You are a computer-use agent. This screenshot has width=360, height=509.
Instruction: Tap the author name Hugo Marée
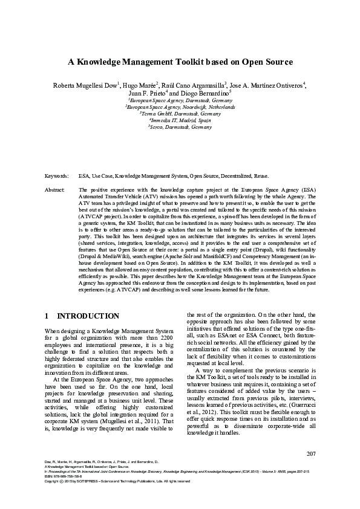tap(140, 85)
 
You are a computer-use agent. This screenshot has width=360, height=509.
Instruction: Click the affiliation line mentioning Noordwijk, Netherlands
tap(180, 106)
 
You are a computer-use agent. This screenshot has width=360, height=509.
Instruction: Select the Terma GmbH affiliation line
tap(180, 113)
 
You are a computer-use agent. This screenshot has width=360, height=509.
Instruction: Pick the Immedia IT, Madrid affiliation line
tap(180, 120)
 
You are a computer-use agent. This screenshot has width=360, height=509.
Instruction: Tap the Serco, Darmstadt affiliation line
tap(180, 128)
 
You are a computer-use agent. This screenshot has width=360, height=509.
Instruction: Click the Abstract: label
tap(55, 190)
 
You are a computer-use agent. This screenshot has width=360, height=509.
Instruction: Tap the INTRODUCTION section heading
tap(88, 316)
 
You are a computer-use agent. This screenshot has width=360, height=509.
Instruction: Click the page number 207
tap(312, 470)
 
